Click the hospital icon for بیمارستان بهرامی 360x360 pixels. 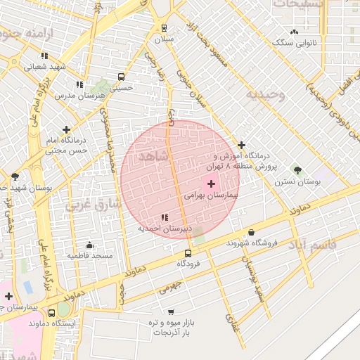tap(212, 183)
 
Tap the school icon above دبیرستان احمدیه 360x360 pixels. tap(165, 217)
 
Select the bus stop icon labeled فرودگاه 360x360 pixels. tap(188, 253)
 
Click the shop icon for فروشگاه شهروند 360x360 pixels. tap(252, 233)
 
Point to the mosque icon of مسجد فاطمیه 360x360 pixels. tap(89, 245)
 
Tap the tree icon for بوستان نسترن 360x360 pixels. tap(297, 170)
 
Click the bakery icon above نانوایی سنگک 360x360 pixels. tap(294, 32)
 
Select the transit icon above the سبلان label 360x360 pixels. tap(165, 28)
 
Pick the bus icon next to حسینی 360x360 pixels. tap(121, 77)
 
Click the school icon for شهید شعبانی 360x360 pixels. tap(44, 56)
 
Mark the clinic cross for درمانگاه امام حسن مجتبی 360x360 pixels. tap(66, 129)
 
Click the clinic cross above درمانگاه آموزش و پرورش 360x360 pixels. tap(241, 145)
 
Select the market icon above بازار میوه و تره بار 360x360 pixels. tap(170, 311)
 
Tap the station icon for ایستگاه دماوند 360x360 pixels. tap(52, 313)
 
